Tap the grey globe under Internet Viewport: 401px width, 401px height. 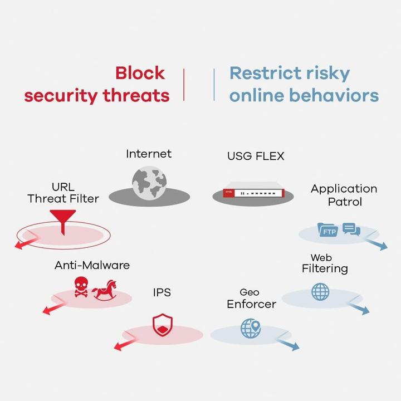pyautogui.click(x=149, y=182)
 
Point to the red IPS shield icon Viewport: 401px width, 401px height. pyautogui.click(x=163, y=325)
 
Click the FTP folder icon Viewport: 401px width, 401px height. pyautogui.click(x=327, y=229)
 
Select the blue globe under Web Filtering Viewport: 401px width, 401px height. pyautogui.click(x=320, y=292)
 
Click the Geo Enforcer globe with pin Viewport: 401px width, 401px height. pyautogui.click(x=251, y=328)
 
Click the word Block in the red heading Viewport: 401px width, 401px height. pyautogui.click(x=140, y=73)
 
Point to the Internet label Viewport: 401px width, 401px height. pyautogui.click(x=149, y=153)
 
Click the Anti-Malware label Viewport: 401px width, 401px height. pyautogui.click(x=92, y=265)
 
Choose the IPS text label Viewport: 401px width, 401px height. pyautogui.click(x=162, y=292)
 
